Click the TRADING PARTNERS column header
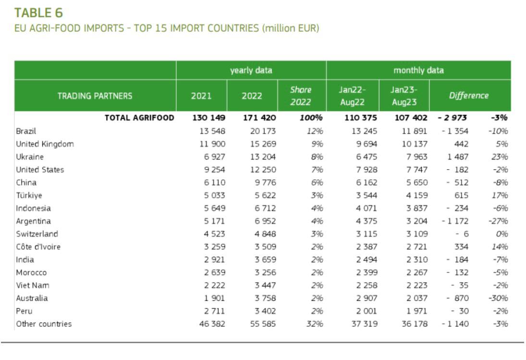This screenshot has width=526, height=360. click(95, 96)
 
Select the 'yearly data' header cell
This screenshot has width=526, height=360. click(251, 70)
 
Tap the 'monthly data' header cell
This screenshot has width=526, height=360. click(418, 70)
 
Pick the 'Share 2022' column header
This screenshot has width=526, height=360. click(301, 96)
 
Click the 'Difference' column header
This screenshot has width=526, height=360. click(468, 96)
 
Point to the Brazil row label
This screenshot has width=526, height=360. click(26, 131)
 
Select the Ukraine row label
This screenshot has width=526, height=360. click(30, 157)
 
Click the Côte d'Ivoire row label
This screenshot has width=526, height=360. click(38, 247)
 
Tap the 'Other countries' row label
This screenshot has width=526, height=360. click(44, 324)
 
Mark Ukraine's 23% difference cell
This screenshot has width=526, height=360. click(500, 157)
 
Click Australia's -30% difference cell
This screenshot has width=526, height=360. click(498, 298)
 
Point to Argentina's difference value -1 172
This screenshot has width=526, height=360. click(455, 221)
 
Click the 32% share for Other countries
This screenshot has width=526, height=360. click(315, 324)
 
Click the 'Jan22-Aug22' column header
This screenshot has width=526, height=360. click(352, 96)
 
